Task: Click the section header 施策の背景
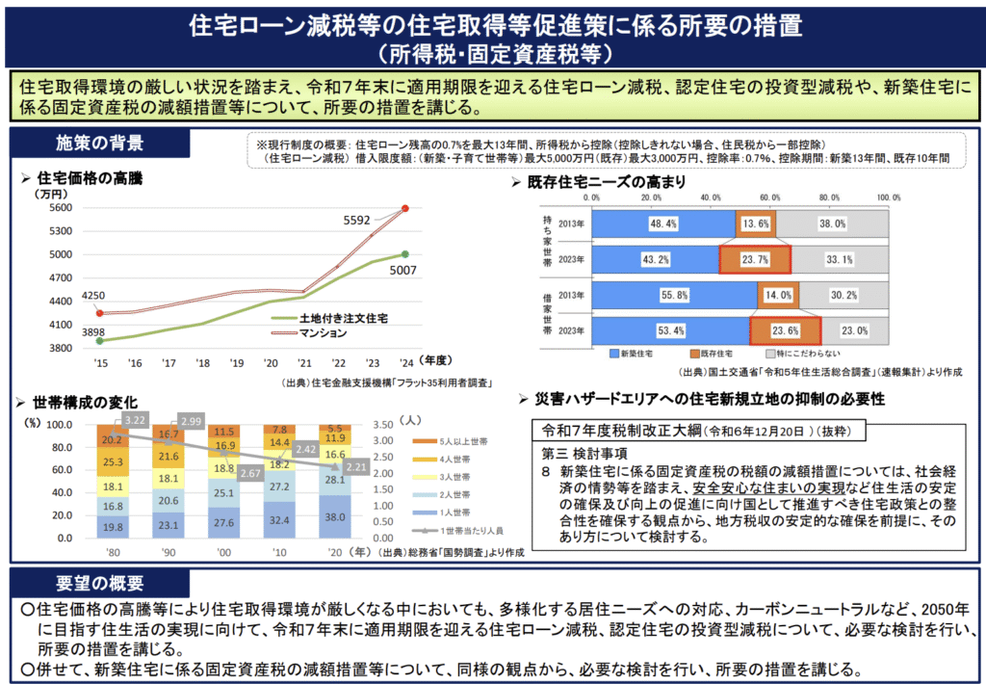tap(101, 144)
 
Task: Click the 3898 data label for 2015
tap(93, 331)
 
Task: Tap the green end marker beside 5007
tap(404, 254)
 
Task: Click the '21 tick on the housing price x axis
tap(305, 362)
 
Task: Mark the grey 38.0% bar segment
tap(832, 224)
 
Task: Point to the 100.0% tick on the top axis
tap(887, 197)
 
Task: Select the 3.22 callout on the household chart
tap(135, 420)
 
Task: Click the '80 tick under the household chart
tap(113, 553)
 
